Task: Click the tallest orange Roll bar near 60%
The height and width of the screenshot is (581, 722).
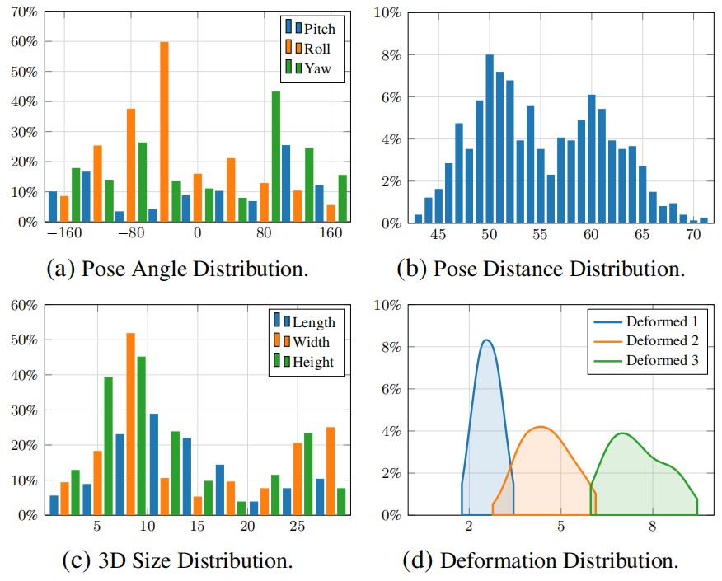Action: [164, 132]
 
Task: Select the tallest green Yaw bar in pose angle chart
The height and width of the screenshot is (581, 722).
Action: [276, 157]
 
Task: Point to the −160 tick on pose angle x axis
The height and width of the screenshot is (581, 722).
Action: [63, 232]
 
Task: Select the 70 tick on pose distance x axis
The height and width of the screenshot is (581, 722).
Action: [693, 234]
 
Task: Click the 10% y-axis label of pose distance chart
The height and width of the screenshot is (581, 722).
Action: [387, 12]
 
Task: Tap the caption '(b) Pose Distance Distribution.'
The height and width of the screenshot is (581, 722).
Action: [541, 269]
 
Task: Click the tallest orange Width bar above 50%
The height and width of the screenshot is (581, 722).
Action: [130, 424]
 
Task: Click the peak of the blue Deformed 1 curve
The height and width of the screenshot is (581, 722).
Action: [486, 340]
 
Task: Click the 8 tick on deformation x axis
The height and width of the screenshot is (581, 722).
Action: [652, 526]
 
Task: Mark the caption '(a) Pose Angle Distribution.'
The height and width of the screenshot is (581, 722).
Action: [179, 269]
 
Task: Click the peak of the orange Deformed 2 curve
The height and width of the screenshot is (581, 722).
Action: [541, 427]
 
